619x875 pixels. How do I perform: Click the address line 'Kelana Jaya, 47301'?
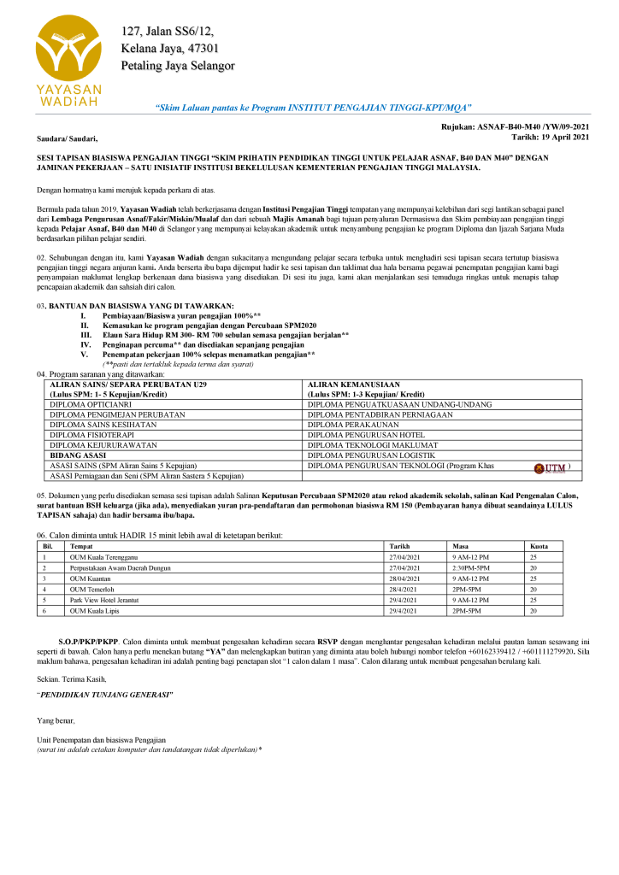(169, 49)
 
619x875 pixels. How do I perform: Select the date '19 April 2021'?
(564, 137)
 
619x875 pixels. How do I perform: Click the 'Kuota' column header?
(539, 545)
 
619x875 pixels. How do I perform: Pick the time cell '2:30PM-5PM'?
(471, 567)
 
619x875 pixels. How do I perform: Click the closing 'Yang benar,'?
(56, 721)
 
